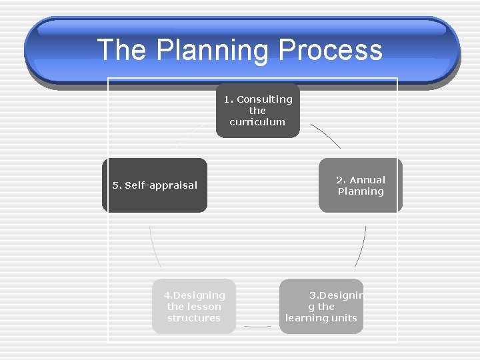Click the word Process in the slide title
pyautogui.click(x=331, y=51)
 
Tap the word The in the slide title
pyautogui.click(x=122, y=51)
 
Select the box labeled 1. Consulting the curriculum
pyautogui.click(x=257, y=111)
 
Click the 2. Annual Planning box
pyautogui.click(x=360, y=185)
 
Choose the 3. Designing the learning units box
pyautogui.click(x=321, y=307)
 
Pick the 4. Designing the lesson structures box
pyautogui.click(x=194, y=307)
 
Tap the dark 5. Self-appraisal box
pyautogui.click(x=154, y=185)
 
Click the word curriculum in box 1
pyautogui.click(x=257, y=122)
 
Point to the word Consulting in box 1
pyautogui.click(x=265, y=99)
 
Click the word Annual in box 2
pyautogui.click(x=368, y=180)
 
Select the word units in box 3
pyautogui.click(x=344, y=318)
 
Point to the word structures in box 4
pyautogui.click(x=194, y=318)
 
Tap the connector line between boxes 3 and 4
pyautogui.click(x=257, y=327)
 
